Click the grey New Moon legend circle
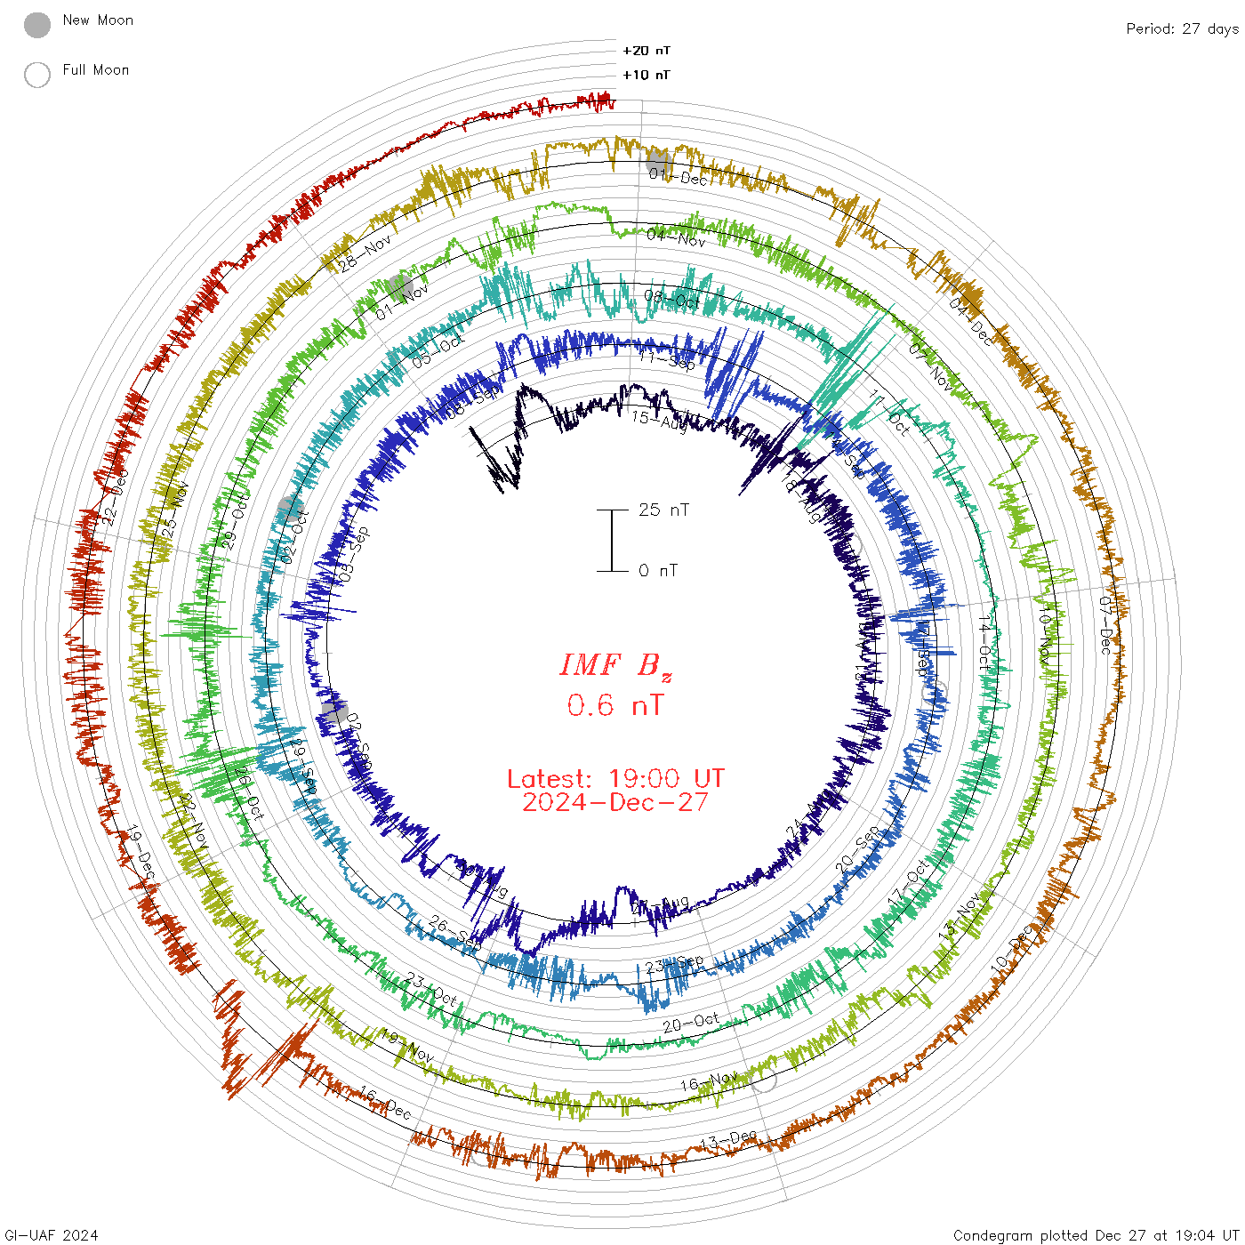pos(37,26)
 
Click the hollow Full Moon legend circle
pos(37,75)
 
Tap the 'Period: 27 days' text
pos(1182,28)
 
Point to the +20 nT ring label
pos(647,51)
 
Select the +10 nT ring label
pos(647,75)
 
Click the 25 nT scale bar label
pos(663,510)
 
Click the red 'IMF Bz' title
pos(615,665)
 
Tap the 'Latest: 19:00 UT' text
pos(615,779)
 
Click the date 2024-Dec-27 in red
pos(615,802)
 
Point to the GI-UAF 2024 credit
pos(51,1235)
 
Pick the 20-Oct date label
pos(691,1024)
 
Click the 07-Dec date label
pos(1105,625)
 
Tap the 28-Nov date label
pos(365,252)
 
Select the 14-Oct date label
pos(984,640)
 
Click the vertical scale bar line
pos(612,541)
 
